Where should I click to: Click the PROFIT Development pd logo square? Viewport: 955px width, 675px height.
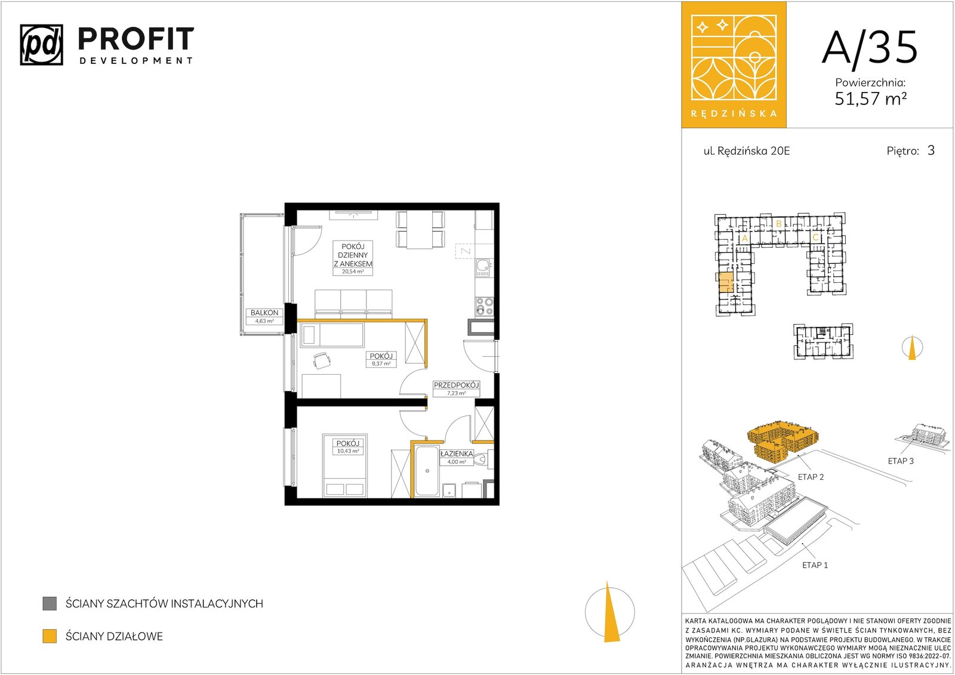(x=41, y=45)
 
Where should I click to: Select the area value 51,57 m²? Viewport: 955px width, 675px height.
(x=870, y=99)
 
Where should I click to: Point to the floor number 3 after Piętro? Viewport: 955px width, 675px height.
(x=931, y=150)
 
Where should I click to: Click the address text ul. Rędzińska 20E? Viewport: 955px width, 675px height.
(x=747, y=151)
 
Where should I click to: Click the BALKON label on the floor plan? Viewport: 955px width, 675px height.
(x=264, y=313)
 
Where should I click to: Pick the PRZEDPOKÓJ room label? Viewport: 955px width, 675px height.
(x=456, y=385)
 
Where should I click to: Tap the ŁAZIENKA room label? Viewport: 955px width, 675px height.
(x=457, y=454)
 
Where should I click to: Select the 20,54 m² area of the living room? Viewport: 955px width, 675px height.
(x=353, y=271)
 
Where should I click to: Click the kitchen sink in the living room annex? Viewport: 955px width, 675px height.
(x=484, y=268)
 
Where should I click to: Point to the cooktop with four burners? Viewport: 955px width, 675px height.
(x=485, y=307)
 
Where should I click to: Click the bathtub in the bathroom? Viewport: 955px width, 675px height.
(x=427, y=471)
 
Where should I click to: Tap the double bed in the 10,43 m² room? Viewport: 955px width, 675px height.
(x=345, y=466)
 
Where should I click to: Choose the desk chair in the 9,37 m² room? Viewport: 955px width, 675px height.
(x=322, y=360)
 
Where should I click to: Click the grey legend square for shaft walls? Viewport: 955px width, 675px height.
(x=50, y=603)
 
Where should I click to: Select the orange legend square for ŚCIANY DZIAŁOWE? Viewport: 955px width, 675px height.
(x=50, y=636)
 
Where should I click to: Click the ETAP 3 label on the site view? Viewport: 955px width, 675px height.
(x=901, y=461)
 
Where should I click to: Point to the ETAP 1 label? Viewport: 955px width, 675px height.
(x=815, y=565)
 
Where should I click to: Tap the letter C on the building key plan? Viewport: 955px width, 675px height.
(x=815, y=238)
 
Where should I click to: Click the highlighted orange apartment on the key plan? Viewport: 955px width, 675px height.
(x=726, y=282)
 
